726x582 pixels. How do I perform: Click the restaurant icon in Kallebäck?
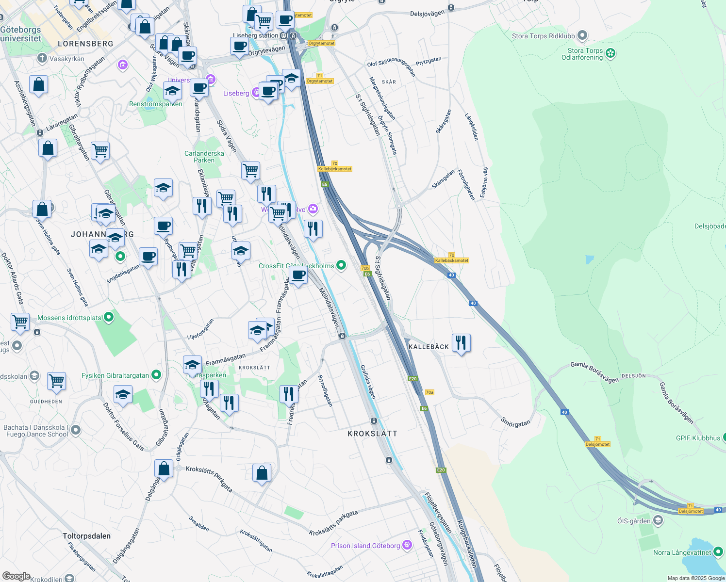[461, 343]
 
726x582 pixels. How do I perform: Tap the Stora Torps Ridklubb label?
[543, 36]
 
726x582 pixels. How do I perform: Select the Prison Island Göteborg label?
[365, 546]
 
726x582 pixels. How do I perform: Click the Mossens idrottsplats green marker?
[109, 318]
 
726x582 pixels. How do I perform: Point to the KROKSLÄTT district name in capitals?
[372, 434]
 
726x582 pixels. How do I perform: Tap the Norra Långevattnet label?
[682, 552]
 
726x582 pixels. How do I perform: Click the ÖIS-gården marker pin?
[658, 521]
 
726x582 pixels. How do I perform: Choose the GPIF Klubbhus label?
[698, 438]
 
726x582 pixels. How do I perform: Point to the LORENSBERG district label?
[85, 44]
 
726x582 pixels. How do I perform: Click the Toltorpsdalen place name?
[86, 536]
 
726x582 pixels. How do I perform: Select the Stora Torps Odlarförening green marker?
[610, 53]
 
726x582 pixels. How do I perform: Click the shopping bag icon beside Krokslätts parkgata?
[262, 472]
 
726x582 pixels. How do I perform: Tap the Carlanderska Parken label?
[204, 157]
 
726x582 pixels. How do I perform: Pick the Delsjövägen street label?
[427, 13]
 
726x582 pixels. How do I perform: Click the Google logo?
[16, 576]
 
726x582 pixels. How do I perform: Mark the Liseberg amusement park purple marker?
[257, 93]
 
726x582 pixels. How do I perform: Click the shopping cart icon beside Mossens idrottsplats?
[20, 322]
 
